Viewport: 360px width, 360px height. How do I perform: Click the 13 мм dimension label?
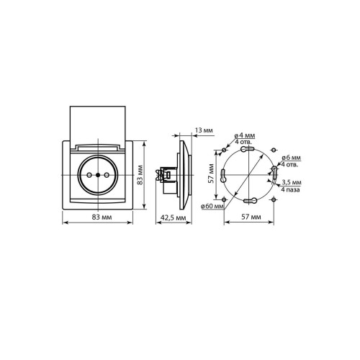coord(204,130)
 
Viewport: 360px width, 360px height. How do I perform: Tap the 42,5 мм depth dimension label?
coord(174,217)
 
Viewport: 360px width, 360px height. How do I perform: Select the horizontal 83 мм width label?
coord(102,217)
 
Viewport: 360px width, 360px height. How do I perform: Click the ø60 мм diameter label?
coord(212,206)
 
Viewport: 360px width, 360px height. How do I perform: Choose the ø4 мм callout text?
coord(245,135)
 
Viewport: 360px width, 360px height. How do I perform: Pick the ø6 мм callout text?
coord(291,158)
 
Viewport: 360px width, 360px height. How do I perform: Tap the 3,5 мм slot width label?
coord(291,182)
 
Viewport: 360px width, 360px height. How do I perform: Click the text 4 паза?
coord(290,190)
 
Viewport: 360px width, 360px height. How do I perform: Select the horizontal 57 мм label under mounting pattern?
coord(251,217)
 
